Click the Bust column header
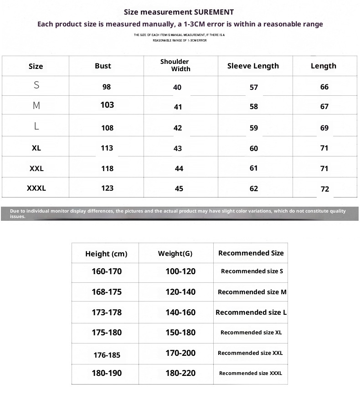coord(103,66)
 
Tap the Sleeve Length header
coord(253,66)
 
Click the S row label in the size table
coord(36,85)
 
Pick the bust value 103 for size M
coord(107,105)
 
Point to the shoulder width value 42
coord(178,128)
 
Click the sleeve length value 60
coord(254,148)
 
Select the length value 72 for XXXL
coord(324,189)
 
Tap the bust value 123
coord(107,188)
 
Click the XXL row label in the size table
coord(36,168)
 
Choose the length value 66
coord(324,87)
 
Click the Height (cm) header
coord(106,254)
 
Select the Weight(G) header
coord(175,254)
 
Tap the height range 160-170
coord(107,271)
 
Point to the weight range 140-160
coord(180,312)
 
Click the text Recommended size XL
coord(251,333)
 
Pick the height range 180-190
coord(107,373)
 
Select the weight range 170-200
coord(180,353)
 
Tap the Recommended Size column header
coord(251,253)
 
